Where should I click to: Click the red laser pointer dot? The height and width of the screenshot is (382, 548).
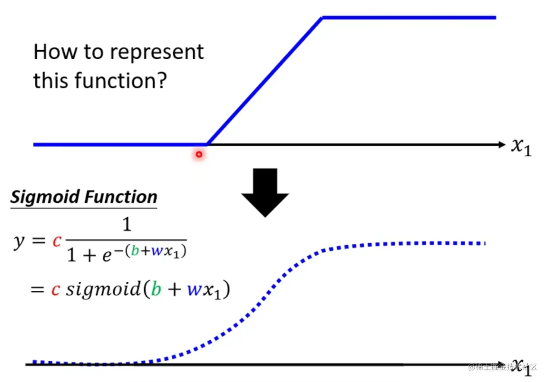[x=199, y=154]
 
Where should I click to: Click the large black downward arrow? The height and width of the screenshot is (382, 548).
[x=265, y=192]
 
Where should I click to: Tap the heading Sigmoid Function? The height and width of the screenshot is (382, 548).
[x=84, y=197]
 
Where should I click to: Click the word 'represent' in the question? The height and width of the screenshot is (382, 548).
[x=157, y=52]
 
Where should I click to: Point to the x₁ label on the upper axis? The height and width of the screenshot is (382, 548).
[x=521, y=147]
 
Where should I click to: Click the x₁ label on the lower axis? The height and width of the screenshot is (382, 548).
[x=521, y=368]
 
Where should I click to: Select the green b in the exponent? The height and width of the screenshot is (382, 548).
[x=135, y=250]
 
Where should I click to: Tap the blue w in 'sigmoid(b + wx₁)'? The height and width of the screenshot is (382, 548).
[x=192, y=290]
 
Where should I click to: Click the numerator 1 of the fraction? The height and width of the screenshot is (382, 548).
[x=126, y=226]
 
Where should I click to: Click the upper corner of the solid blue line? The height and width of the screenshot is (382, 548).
[x=322, y=18]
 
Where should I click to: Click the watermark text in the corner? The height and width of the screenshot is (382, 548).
[x=503, y=367]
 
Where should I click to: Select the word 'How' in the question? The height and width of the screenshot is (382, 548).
[x=51, y=52]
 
